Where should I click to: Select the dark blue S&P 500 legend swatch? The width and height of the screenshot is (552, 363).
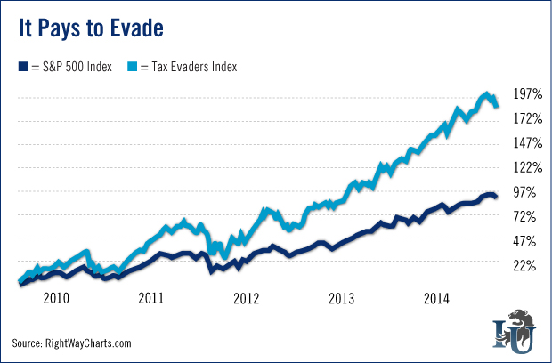[22, 66]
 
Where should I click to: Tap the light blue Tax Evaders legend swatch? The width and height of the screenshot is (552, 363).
[133, 66]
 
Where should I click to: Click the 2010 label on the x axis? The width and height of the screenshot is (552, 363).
[57, 296]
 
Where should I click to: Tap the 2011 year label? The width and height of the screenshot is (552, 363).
[150, 296]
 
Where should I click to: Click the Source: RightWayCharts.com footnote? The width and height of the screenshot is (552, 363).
[71, 343]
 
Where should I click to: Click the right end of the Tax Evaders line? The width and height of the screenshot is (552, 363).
[497, 106]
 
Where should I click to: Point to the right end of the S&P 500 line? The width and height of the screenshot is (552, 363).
[496, 196]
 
